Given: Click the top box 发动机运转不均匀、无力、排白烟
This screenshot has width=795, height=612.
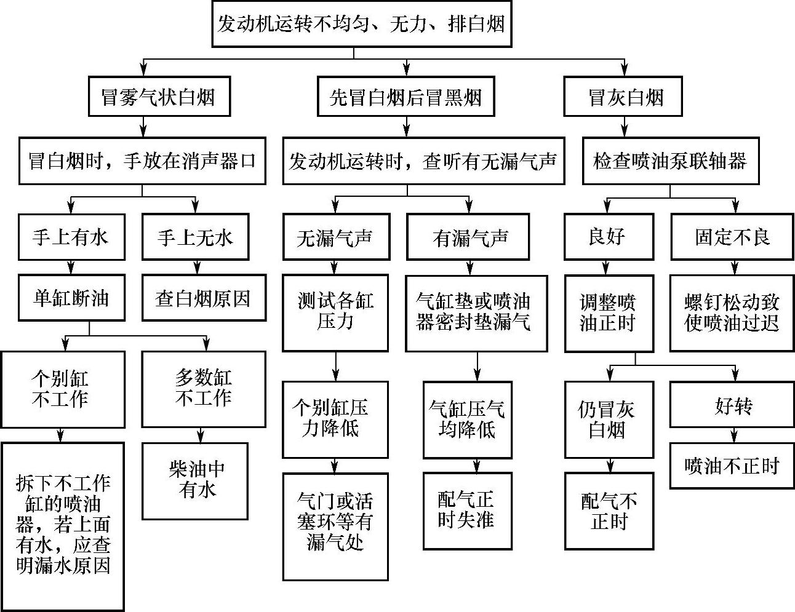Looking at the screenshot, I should tap(362, 24).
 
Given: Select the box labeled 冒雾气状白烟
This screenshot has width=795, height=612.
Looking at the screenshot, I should tap(159, 97).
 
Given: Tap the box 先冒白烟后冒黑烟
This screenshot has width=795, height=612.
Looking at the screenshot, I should tap(405, 97).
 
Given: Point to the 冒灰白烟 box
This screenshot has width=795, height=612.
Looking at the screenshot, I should tap(623, 97).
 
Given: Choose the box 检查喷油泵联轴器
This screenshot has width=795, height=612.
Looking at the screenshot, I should tap(669, 161).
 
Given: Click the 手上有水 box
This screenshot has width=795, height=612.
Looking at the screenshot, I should tap(71, 237).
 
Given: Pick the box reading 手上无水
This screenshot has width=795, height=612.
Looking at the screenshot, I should tap(196, 237).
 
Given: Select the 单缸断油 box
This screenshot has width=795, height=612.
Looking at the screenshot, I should tap(71, 298).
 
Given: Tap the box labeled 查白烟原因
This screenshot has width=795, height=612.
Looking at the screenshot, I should tap(204, 298).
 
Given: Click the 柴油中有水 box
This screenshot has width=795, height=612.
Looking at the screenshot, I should tap(196, 480).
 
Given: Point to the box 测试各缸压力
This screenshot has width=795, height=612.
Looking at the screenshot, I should tap(335, 312).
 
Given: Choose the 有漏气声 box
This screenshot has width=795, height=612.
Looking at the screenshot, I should tap(468, 237).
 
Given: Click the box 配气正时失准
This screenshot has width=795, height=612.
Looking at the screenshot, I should tap(468, 510).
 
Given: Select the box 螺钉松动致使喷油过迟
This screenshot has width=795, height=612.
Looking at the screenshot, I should tap(731, 312).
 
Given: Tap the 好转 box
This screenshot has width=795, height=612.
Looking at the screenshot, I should tap(731, 405).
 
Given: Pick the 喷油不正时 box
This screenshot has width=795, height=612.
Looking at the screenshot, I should tap(731, 466).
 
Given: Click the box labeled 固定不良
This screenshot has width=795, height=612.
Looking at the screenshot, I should tap(731, 237).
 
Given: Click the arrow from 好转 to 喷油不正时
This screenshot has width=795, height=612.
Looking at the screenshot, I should tap(733, 435).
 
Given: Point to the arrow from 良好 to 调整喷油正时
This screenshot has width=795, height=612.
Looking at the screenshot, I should tap(607, 267).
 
